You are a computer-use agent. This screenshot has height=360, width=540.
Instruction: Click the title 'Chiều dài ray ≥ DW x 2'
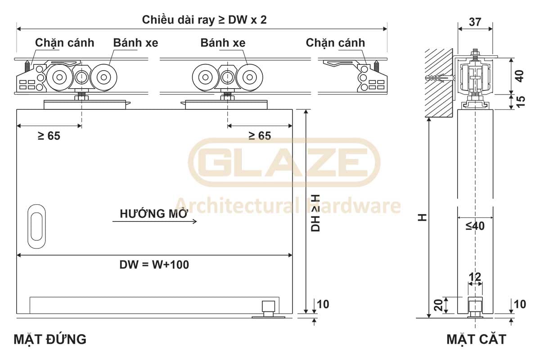tap(204, 20)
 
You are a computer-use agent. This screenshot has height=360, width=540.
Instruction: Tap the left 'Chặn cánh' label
tap(65, 43)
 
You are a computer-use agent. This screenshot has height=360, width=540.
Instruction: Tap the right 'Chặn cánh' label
tap(335, 43)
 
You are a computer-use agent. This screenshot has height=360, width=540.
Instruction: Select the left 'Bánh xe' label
tap(136, 43)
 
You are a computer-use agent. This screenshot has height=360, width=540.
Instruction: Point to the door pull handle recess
tap(36, 226)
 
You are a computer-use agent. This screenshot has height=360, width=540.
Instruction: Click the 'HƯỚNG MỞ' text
tap(154, 213)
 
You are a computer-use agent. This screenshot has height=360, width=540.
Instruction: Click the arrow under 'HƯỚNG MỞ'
tap(154, 221)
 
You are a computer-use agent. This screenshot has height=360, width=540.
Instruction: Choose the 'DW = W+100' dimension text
tap(154, 265)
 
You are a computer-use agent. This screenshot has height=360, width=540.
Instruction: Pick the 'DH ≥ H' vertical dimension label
tap(315, 213)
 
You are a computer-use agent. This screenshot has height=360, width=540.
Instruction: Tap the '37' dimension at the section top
tap(475, 22)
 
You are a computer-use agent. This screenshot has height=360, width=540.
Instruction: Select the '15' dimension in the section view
tap(521, 102)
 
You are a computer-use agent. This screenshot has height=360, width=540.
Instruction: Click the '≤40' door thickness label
tap(475, 226)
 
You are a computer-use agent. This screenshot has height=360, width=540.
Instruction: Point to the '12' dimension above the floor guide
tap(475, 277)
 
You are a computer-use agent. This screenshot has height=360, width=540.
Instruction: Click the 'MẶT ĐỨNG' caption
tap(50, 339)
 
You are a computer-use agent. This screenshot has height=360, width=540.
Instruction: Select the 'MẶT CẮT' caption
tap(477, 339)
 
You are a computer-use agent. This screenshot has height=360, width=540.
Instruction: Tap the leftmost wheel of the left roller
tap(59, 77)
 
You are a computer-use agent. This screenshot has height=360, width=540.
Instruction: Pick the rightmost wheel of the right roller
tap(249, 77)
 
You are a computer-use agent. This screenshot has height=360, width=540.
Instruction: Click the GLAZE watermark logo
tap(284, 162)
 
